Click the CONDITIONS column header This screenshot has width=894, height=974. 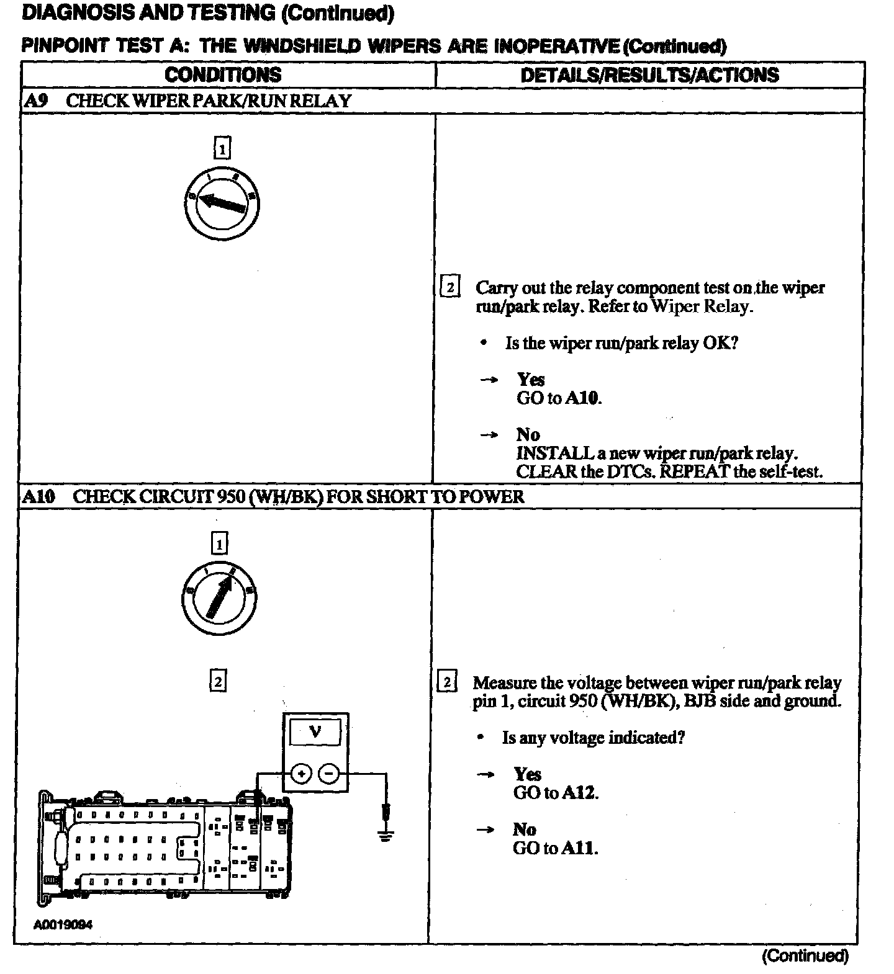tap(223, 75)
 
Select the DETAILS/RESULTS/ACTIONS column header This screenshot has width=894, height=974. tap(649, 75)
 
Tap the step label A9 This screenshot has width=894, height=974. tap(35, 101)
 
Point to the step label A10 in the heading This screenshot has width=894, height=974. tap(38, 496)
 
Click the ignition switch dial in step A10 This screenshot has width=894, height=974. tap(219, 597)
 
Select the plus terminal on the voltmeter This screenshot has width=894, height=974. tap(301, 774)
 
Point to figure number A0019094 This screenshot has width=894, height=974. tap(63, 925)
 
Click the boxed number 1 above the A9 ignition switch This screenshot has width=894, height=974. tap(222, 149)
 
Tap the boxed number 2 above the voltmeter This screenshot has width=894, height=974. tap(218, 681)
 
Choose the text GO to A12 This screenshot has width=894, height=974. tap(556, 792)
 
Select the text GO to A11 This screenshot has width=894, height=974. tap(555, 848)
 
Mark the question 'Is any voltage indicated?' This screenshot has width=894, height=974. tap(593, 738)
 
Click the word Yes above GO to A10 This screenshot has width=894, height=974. tap(531, 379)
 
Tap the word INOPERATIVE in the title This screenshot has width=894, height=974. tap(556, 46)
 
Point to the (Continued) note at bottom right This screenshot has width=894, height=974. tap(805, 956)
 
